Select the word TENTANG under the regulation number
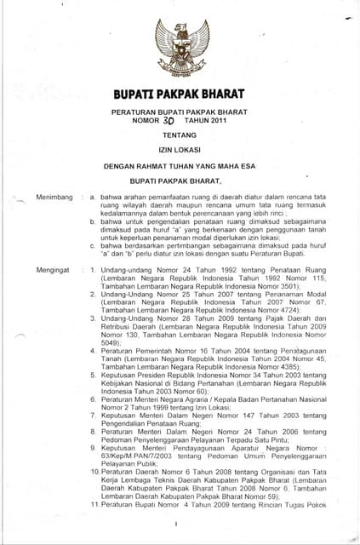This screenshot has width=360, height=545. (179, 134)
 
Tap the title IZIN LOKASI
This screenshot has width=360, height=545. (179, 150)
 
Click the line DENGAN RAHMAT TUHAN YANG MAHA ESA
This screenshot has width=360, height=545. (179, 167)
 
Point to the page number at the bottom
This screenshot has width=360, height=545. (174, 525)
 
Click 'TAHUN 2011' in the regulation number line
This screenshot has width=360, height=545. (209, 120)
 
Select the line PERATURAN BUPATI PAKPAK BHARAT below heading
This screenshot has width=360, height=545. (179, 112)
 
